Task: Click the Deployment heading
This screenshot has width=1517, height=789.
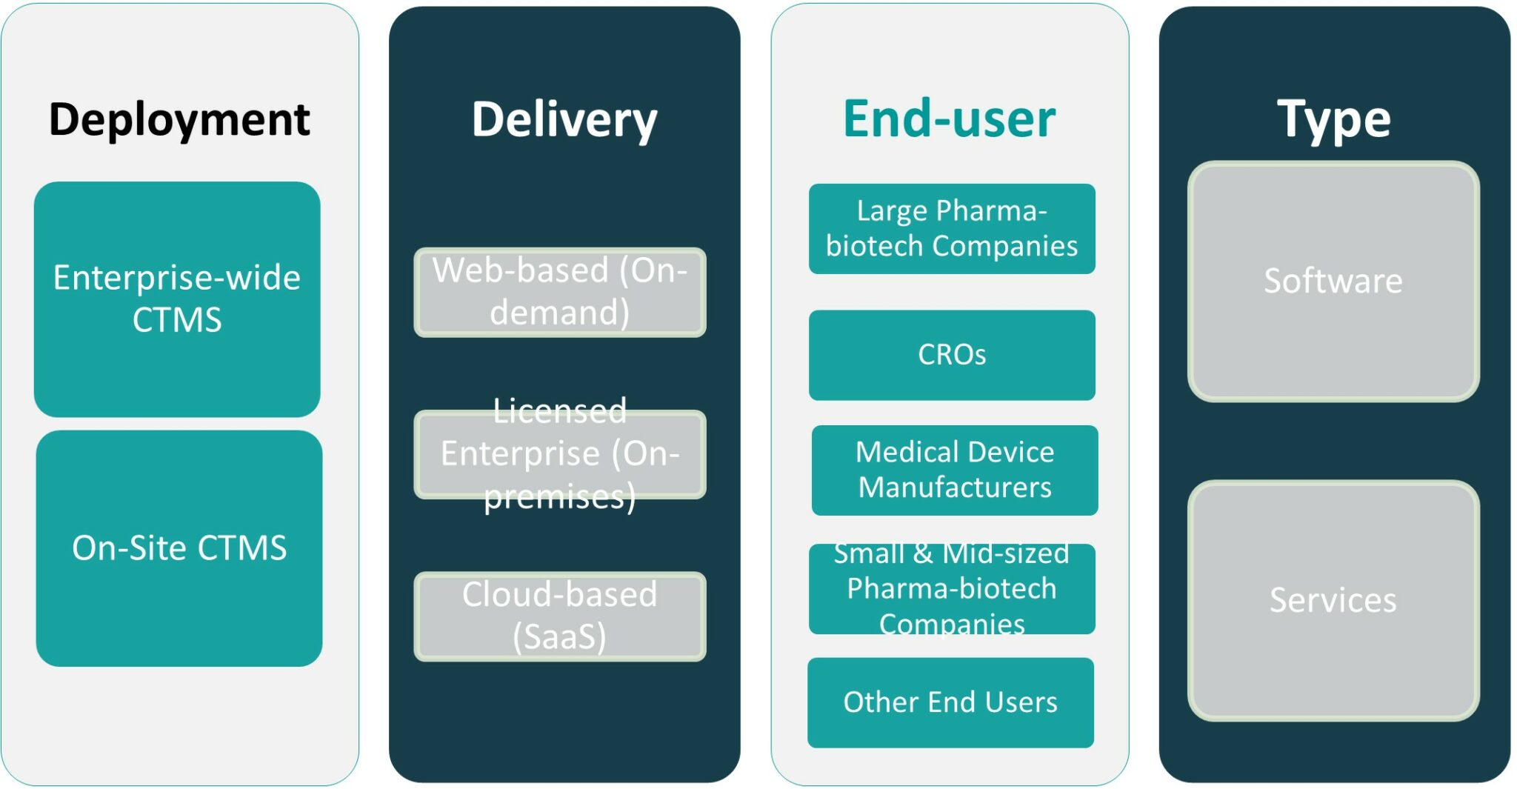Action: [x=179, y=119]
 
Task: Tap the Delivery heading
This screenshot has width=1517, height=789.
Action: [x=564, y=119]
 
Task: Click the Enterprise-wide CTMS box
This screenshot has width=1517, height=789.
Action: [x=177, y=299]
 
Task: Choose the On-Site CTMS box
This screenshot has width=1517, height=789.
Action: [x=179, y=548]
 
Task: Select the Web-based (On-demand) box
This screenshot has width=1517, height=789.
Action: [x=560, y=292]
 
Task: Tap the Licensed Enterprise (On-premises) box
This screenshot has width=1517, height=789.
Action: [x=560, y=454]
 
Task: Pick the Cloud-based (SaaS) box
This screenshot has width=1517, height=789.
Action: [x=560, y=616]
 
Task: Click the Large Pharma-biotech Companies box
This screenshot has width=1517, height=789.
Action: [x=952, y=228]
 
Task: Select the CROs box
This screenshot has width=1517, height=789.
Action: [x=952, y=355]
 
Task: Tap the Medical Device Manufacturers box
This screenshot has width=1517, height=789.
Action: [x=955, y=470]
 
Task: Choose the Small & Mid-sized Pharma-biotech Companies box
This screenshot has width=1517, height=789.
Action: [x=952, y=589]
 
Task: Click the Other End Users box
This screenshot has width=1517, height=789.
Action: [x=950, y=702]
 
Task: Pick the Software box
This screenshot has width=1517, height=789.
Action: [x=1333, y=282]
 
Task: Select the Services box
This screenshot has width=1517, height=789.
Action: [x=1333, y=600]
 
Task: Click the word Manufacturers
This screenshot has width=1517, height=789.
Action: [x=955, y=487]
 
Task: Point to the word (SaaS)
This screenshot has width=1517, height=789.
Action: [x=560, y=636]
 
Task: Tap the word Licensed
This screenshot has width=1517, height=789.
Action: [x=560, y=411]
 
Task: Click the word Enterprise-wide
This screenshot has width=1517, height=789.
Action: [x=177, y=278]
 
